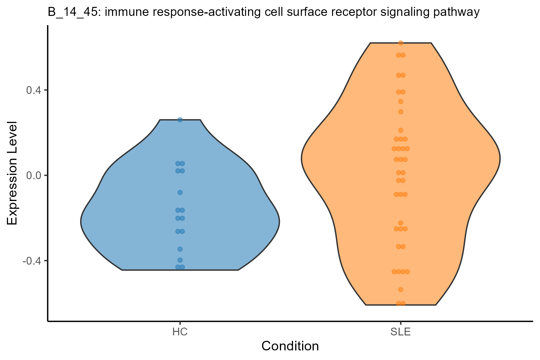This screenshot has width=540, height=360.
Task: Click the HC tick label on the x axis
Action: (x=180, y=332)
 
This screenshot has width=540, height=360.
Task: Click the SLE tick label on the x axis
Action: (x=400, y=332)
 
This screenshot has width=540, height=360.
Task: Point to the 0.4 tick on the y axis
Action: (x=46, y=90)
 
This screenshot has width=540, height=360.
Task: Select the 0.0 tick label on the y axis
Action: (x=35, y=175)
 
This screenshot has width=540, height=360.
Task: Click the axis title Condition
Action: (x=290, y=346)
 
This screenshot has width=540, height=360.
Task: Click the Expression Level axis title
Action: (x=12, y=173)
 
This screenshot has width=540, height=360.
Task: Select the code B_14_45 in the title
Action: (x=70, y=12)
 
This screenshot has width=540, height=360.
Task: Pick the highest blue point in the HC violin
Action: (x=180, y=120)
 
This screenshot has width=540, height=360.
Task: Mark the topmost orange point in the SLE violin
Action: (x=400, y=43)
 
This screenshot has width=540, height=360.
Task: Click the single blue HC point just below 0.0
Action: (x=180, y=192)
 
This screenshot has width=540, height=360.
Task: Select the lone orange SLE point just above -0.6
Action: (x=400, y=289)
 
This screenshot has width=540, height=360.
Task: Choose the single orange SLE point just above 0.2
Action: (x=400, y=130)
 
